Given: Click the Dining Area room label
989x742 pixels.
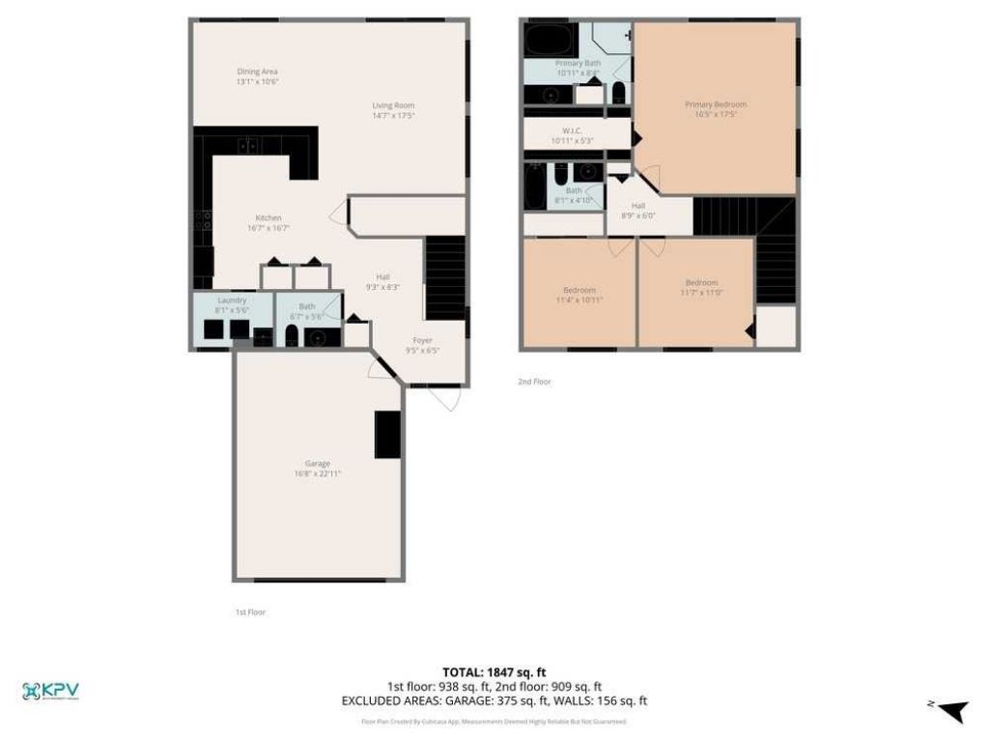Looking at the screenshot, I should point(250,71).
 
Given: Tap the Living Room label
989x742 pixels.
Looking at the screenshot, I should point(393,105).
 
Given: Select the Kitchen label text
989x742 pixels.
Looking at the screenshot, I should point(268,217).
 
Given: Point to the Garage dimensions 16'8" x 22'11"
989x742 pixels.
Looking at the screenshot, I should point(318,473).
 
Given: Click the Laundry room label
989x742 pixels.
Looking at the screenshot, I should point(232,300).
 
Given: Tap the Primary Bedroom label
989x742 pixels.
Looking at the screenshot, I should point(716,104).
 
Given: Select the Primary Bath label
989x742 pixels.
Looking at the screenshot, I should point(578,63).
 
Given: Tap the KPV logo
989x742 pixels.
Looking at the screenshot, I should point(50,690).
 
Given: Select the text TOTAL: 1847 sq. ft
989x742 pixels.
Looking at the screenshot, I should point(494,671).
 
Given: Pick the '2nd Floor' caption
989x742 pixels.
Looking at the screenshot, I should point(534,382).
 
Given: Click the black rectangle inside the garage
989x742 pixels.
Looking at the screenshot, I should point(388,434).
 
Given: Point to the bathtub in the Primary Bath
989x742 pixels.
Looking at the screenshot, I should point(547,42).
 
